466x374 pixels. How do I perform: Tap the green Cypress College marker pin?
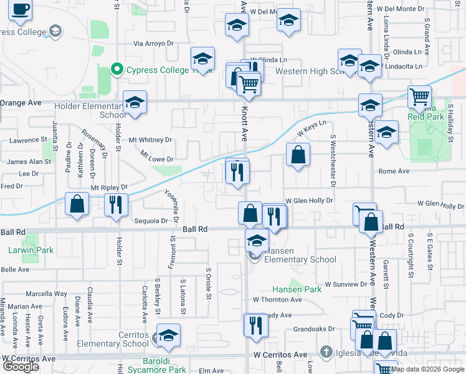click(x=117, y=69)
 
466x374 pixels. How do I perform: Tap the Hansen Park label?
click(x=297, y=289)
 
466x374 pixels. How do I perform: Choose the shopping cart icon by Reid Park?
click(x=419, y=97)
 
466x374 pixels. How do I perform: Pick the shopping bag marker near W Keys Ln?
click(x=298, y=154)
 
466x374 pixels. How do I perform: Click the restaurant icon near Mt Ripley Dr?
click(x=116, y=204)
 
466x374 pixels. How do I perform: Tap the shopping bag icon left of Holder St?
click(x=77, y=204)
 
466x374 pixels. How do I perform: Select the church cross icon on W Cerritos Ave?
click(x=325, y=353)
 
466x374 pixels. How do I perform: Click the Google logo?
click(x=20, y=366)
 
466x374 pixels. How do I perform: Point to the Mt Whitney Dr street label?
click(x=150, y=140)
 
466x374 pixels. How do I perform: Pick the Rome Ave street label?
click(x=394, y=171)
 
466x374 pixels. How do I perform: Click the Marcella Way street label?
click(x=46, y=294)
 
